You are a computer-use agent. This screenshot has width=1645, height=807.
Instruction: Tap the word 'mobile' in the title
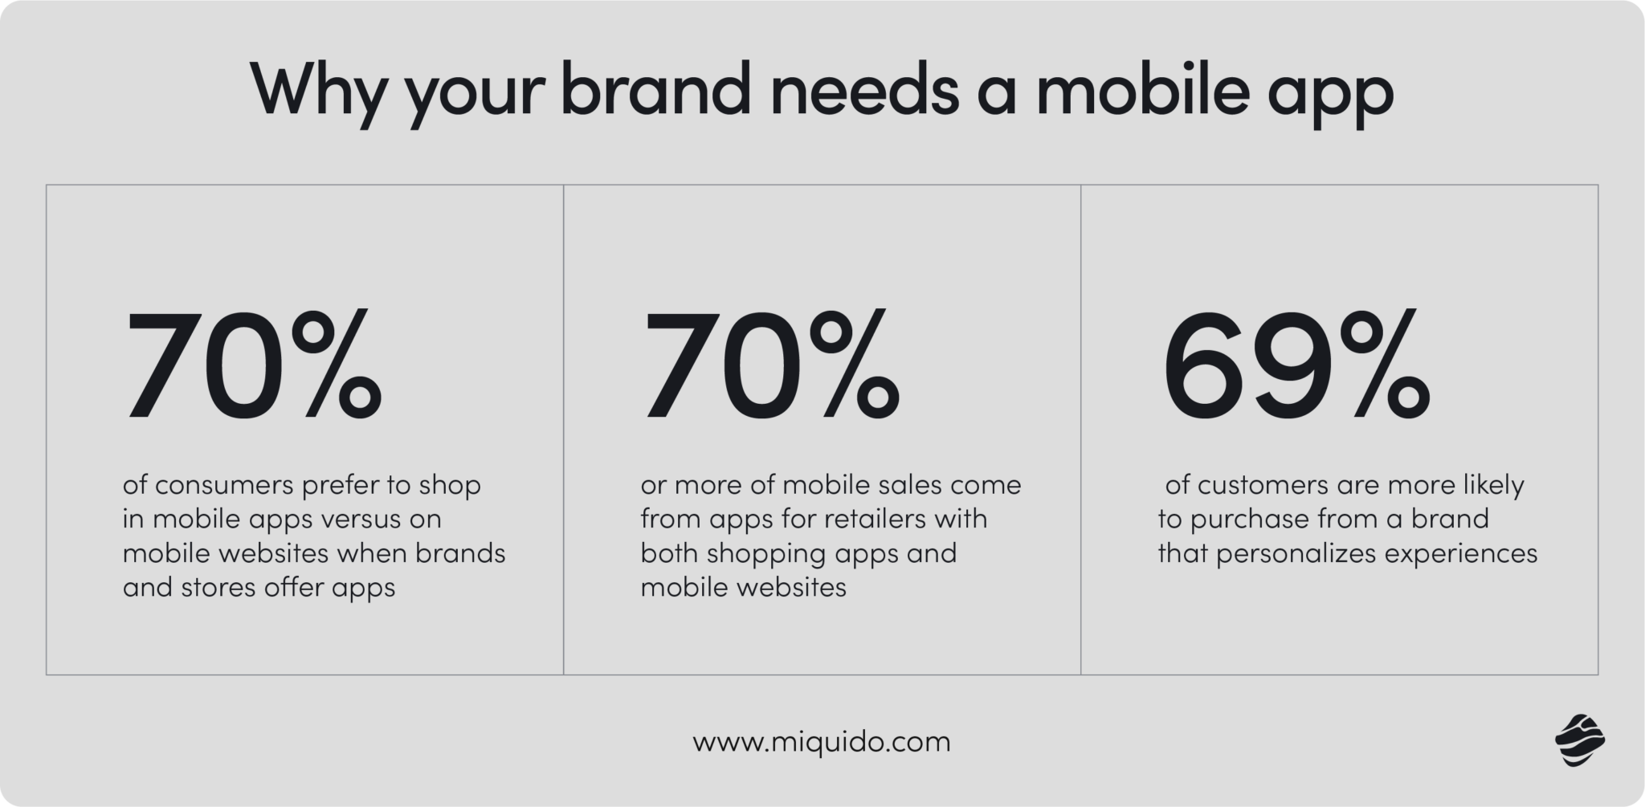(x=1143, y=92)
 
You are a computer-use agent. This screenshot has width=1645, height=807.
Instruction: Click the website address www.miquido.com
(x=822, y=741)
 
